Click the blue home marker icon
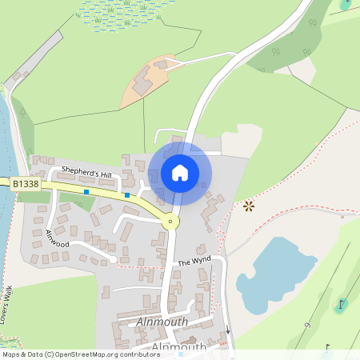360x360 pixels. coord(180,172)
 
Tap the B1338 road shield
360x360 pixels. coord(24,184)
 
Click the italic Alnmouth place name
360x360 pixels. coord(162,322)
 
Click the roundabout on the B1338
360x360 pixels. coord(170,222)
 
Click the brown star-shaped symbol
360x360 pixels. coord(248,206)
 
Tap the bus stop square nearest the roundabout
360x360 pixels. coord(126,195)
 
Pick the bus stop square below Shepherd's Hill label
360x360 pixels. coord(86,192)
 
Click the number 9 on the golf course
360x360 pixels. coord(307,326)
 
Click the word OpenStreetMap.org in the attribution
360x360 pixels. coord(87,354)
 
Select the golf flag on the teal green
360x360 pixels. coord(342,304)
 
